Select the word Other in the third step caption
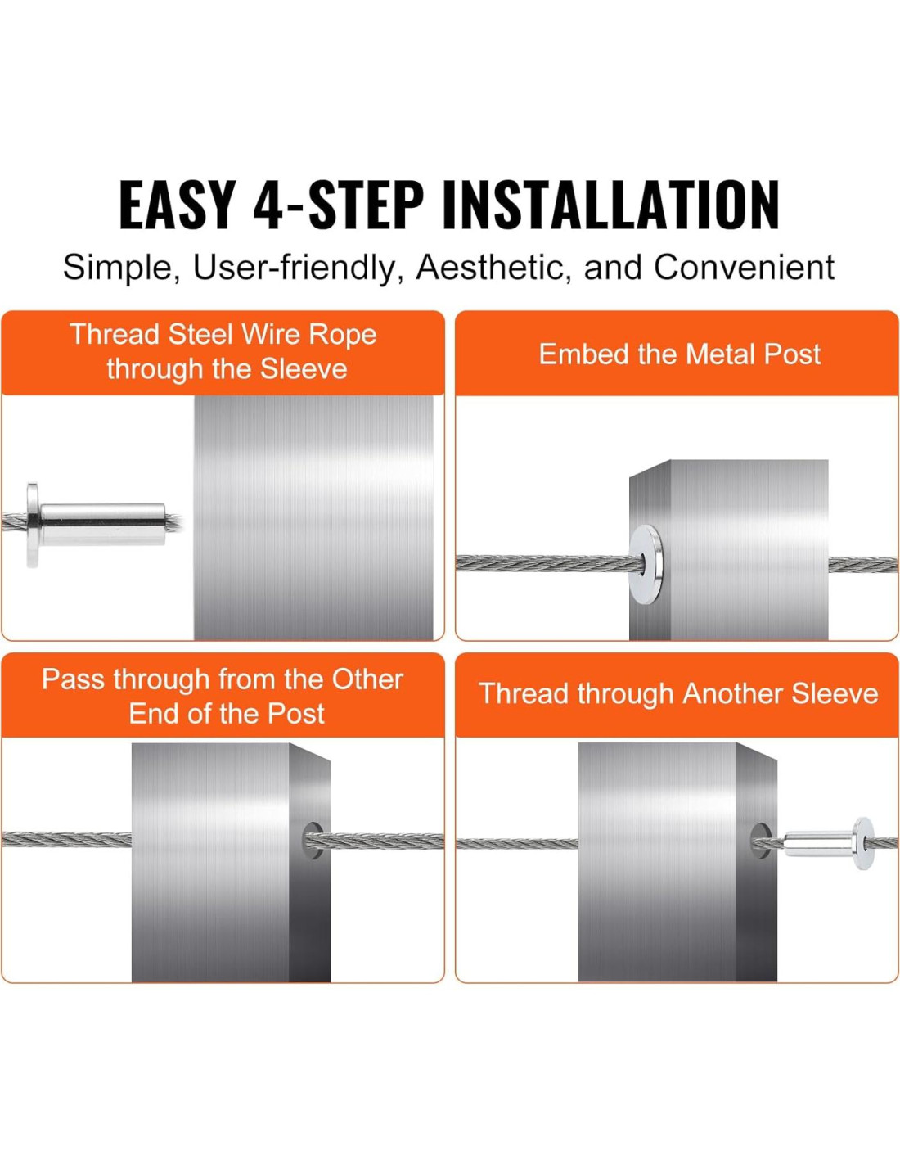pos(367,679)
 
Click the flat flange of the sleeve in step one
pos(32,525)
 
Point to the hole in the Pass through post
pos(314,840)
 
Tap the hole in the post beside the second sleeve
pos(761,842)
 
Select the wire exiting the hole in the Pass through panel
pos(377,841)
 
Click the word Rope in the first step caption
pos(343,335)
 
